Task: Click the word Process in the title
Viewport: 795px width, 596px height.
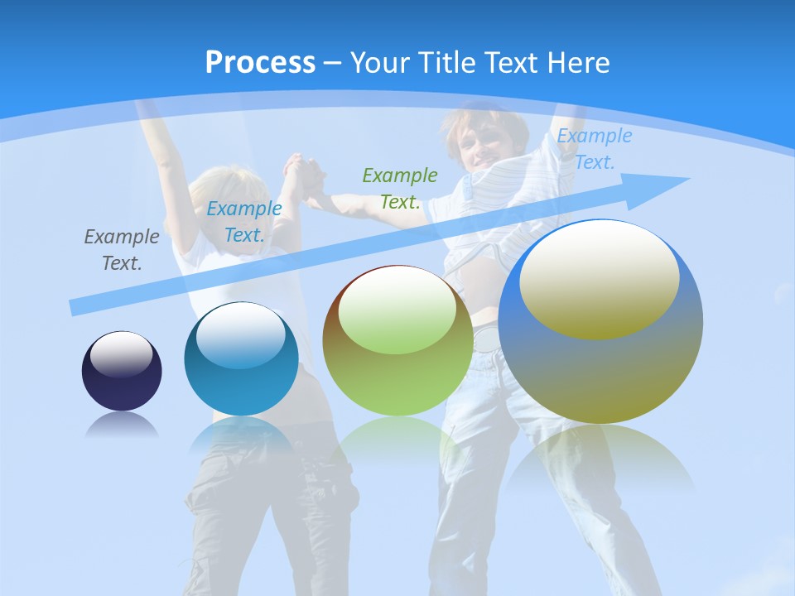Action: [x=260, y=63]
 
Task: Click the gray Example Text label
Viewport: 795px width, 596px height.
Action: [x=122, y=249]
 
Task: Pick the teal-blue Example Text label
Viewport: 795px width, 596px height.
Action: [x=243, y=221]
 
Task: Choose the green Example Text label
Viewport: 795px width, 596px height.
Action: [x=399, y=188]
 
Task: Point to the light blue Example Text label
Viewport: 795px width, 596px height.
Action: [x=594, y=149]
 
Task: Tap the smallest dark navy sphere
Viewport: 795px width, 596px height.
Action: [x=122, y=372]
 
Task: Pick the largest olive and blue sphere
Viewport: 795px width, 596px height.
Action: [x=600, y=364]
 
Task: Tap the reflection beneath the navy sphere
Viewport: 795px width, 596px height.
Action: [x=122, y=425]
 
